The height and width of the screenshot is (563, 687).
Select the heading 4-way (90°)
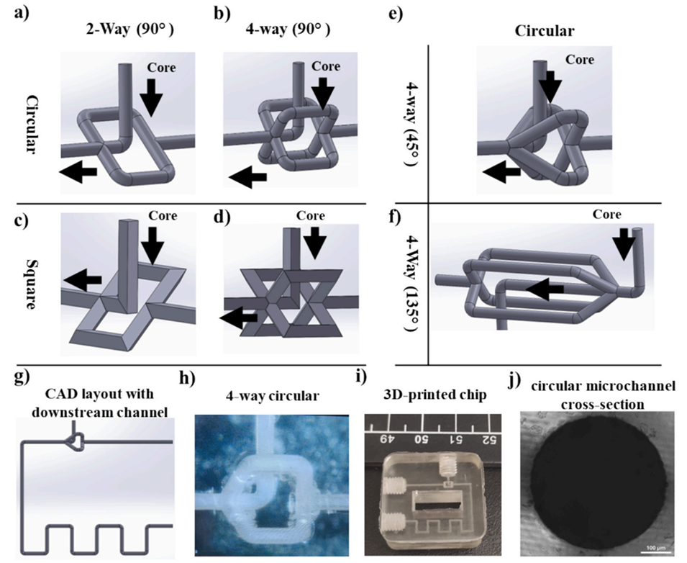click(x=292, y=30)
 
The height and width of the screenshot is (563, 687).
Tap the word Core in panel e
click(x=580, y=60)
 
